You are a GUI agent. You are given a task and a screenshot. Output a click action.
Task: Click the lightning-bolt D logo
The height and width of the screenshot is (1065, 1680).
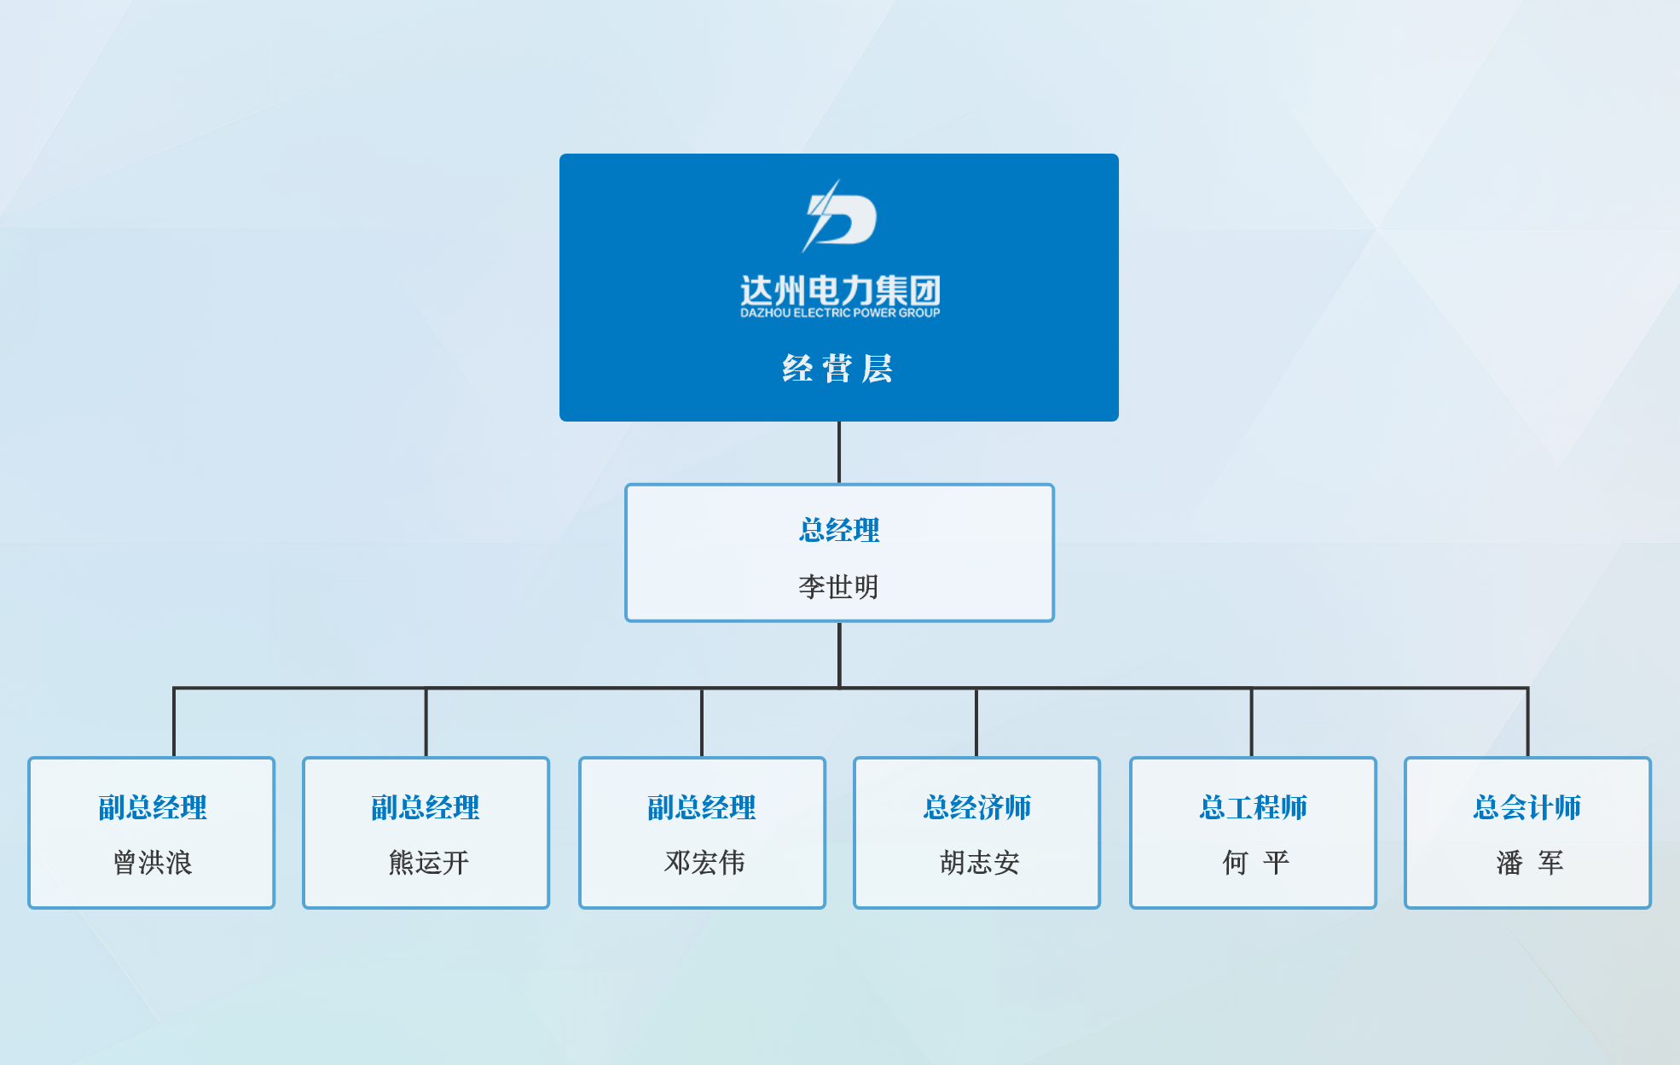pyautogui.click(x=839, y=217)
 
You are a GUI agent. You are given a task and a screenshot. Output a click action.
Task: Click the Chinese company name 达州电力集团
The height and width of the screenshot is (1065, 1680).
pyautogui.click(x=840, y=291)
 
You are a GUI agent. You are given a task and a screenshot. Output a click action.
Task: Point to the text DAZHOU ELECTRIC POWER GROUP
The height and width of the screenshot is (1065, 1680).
pyautogui.click(x=840, y=313)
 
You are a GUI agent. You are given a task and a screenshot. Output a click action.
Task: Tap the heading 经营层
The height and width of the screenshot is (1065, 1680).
pyautogui.click(x=838, y=369)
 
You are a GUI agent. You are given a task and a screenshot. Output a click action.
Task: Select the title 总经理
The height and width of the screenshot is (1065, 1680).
pyautogui.click(x=839, y=530)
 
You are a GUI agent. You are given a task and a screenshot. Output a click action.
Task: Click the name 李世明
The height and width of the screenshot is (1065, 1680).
pyautogui.click(x=838, y=586)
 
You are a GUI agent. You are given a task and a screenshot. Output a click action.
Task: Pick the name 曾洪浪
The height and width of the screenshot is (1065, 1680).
pyautogui.click(x=153, y=863)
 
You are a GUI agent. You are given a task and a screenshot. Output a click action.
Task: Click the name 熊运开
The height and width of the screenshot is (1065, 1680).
pyautogui.click(x=428, y=863)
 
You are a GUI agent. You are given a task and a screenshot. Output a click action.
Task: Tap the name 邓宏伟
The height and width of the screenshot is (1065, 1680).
pyautogui.click(x=704, y=863)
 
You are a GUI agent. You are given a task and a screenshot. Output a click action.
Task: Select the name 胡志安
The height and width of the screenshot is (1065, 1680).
pyautogui.click(x=979, y=863)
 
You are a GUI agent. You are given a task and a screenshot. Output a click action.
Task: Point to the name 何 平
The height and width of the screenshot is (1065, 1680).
pyautogui.click(x=1254, y=863)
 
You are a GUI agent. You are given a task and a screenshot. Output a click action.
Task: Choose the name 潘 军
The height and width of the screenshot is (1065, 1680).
pyautogui.click(x=1529, y=863)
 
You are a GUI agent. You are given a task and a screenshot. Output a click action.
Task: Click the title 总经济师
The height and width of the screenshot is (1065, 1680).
pyautogui.click(x=977, y=807)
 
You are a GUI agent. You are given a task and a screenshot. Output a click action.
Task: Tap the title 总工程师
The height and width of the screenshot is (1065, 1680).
pyautogui.click(x=1253, y=807)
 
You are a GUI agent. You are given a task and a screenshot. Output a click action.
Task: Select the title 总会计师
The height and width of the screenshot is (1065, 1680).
pyautogui.click(x=1527, y=807)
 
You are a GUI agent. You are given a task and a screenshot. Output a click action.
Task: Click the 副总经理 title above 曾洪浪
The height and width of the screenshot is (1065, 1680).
pyautogui.click(x=153, y=807)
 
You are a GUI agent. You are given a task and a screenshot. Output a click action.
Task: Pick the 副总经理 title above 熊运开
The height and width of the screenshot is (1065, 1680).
pyautogui.click(x=426, y=807)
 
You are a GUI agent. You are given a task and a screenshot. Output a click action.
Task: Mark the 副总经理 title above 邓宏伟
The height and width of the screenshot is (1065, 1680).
pyautogui.click(x=702, y=807)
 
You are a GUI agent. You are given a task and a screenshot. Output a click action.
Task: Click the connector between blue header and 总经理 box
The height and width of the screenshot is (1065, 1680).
pyautogui.click(x=839, y=452)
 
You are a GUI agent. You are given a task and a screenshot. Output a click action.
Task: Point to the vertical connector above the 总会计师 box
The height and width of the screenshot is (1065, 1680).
pyautogui.click(x=1527, y=722)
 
